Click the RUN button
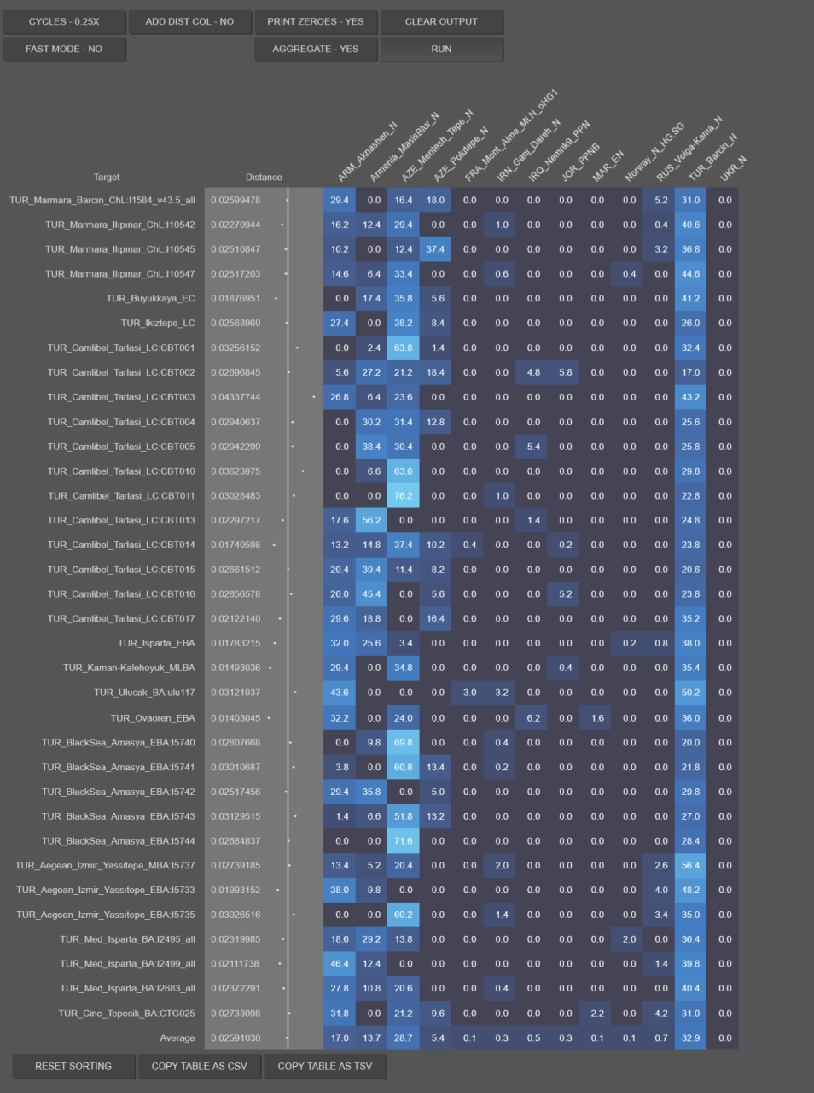[x=442, y=49]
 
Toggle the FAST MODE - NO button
[x=64, y=49]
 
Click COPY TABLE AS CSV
[x=199, y=1067]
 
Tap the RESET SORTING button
[x=73, y=1067]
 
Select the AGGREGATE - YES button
[x=316, y=49]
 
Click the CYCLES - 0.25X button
[x=64, y=22]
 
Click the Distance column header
[x=264, y=178]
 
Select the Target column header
[x=107, y=178]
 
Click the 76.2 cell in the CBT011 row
[x=404, y=496]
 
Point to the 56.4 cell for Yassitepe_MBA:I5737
[x=690, y=866]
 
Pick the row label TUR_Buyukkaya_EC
[x=150, y=298]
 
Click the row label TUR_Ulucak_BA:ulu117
[x=144, y=693]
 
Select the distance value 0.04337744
[x=235, y=397]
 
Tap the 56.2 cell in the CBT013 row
[x=372, y=520]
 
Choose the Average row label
[x=177, y=1038]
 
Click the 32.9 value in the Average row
[x=690, y=1038]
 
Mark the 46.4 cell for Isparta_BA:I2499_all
[x=340, y=964]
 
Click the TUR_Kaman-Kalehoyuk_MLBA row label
[x=129, y=668]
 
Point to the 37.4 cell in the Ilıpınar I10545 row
[x=435, y=249]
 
